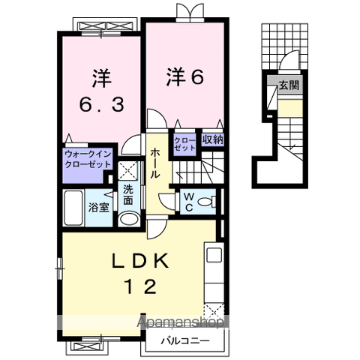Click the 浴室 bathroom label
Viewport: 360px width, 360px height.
(x=98, y=206)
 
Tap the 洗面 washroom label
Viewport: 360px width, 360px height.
(x=128, y=196)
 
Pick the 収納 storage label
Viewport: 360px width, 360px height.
(x=212, y=139)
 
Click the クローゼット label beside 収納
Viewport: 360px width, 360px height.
(x=184, y=142)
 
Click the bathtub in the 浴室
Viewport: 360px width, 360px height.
(x=74, y=205)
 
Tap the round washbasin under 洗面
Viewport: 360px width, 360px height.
(x=128, y=220)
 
